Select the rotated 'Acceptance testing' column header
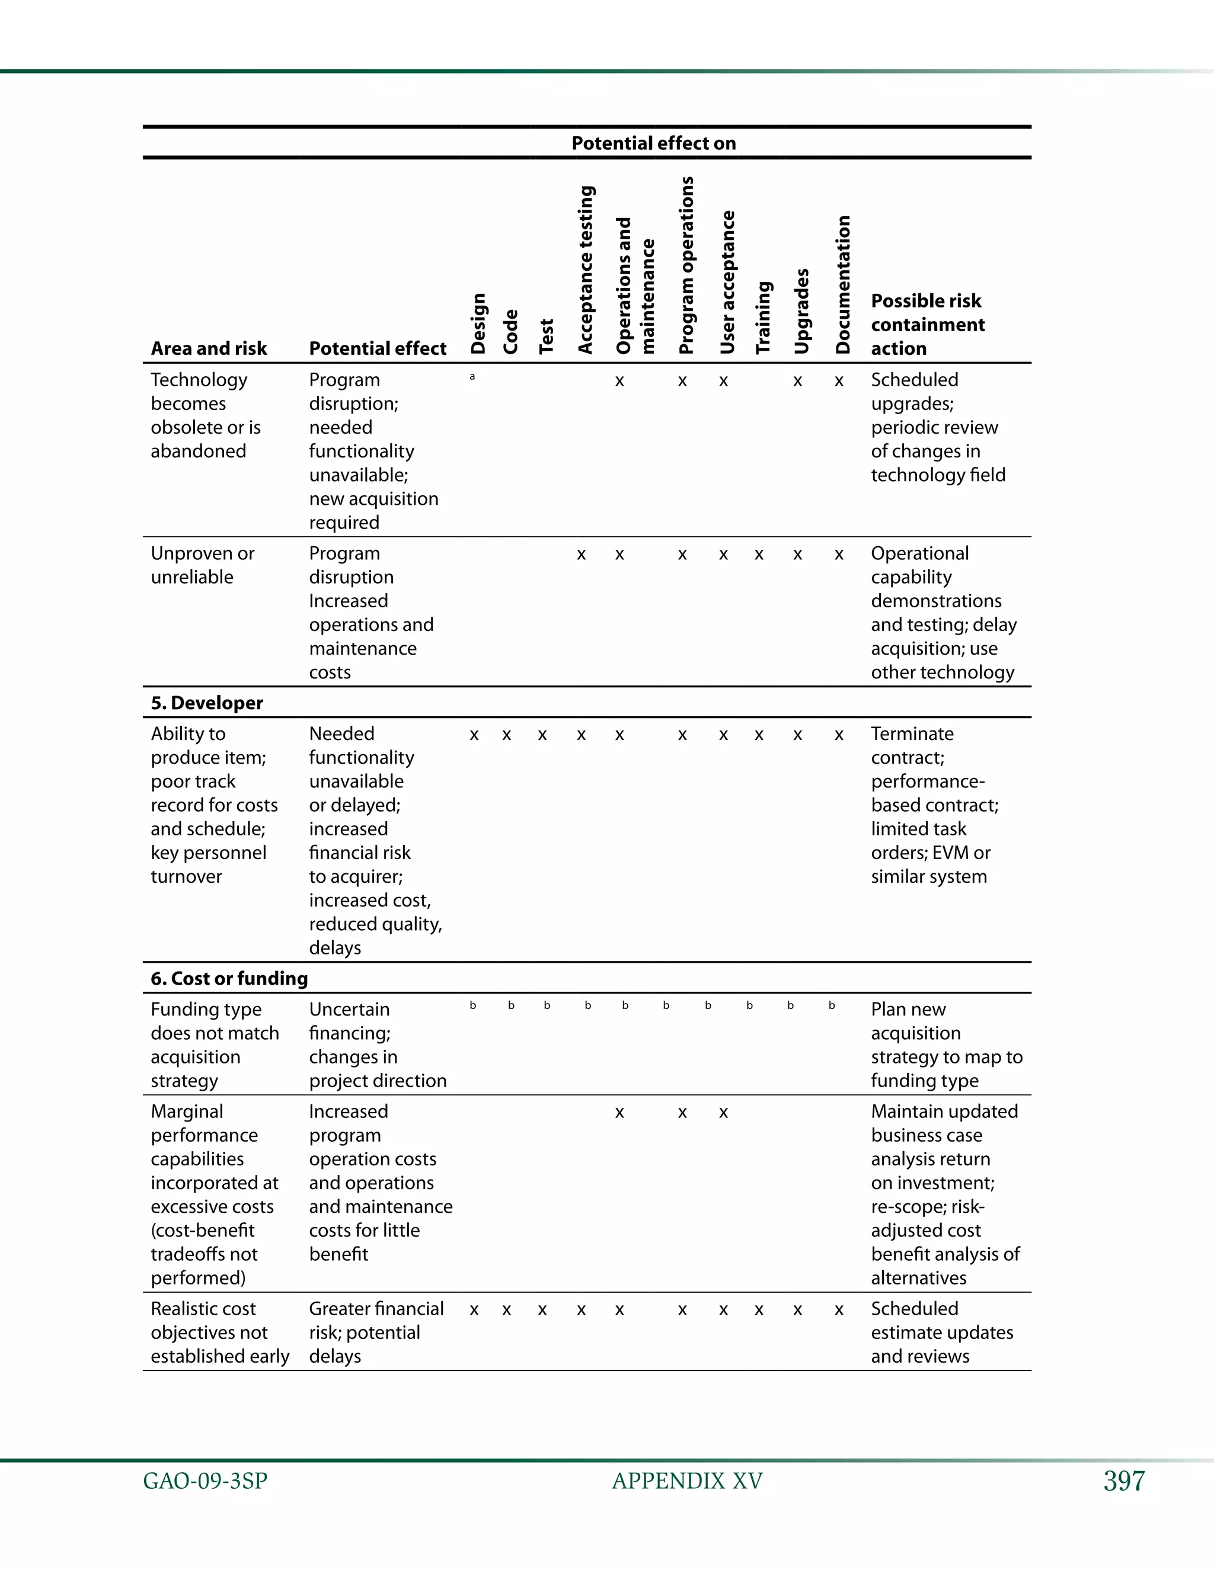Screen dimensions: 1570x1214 pos(586,270)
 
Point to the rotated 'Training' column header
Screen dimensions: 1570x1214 pos(763,317)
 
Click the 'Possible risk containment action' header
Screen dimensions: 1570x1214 pos(927,324)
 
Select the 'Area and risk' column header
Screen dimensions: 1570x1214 pos(209,348)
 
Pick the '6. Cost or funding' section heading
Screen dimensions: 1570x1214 pos(229,978)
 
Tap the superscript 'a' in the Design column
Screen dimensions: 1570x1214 pos(472,376)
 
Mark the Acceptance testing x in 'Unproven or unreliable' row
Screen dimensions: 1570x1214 pos(581,556)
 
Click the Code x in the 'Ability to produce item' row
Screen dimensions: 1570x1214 pos(507,735)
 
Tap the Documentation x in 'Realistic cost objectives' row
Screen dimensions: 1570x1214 pos(839,1311)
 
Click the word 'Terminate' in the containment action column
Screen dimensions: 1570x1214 pos(912,734)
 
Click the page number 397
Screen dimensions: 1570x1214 pos(1124,1481)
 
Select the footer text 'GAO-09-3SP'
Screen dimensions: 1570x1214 pos(205,1481)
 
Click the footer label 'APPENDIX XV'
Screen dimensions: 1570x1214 pos(687,1481)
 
